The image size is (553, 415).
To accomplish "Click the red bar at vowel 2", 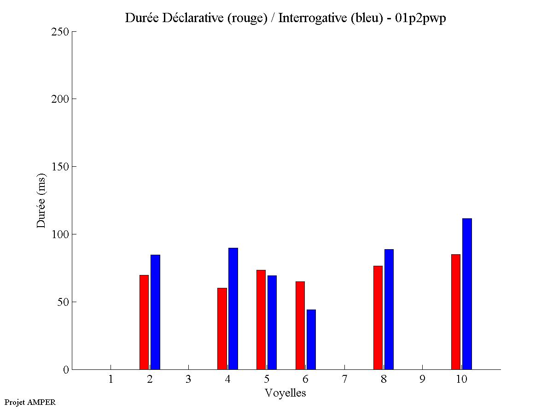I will coord(144,322).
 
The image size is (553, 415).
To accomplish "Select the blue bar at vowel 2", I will coord(155,312).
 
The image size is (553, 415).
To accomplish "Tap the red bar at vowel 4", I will coord(222,328).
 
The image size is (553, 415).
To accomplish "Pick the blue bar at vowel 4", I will coord(233,309).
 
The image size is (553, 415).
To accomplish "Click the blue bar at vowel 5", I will coord(272,322).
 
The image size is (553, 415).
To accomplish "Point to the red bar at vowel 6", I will coord(300,325).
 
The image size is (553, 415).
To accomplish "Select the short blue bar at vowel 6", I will coord(311,339).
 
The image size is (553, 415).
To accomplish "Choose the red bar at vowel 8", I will coord(378,317).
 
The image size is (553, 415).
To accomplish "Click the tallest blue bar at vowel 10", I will coord(467,294).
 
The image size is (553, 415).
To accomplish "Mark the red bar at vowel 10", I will coord(456,312).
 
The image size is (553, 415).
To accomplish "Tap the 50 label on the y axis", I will coord(63,302).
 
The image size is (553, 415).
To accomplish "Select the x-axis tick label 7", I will coord(344,379).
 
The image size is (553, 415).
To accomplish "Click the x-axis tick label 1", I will coord(111,379).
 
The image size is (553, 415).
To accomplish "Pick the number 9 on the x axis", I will coord(422,379).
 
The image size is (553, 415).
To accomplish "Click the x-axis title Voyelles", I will coord(285,393).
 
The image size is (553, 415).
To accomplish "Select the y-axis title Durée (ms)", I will coord(41,200).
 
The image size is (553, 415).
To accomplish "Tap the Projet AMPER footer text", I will coord(30,402).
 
